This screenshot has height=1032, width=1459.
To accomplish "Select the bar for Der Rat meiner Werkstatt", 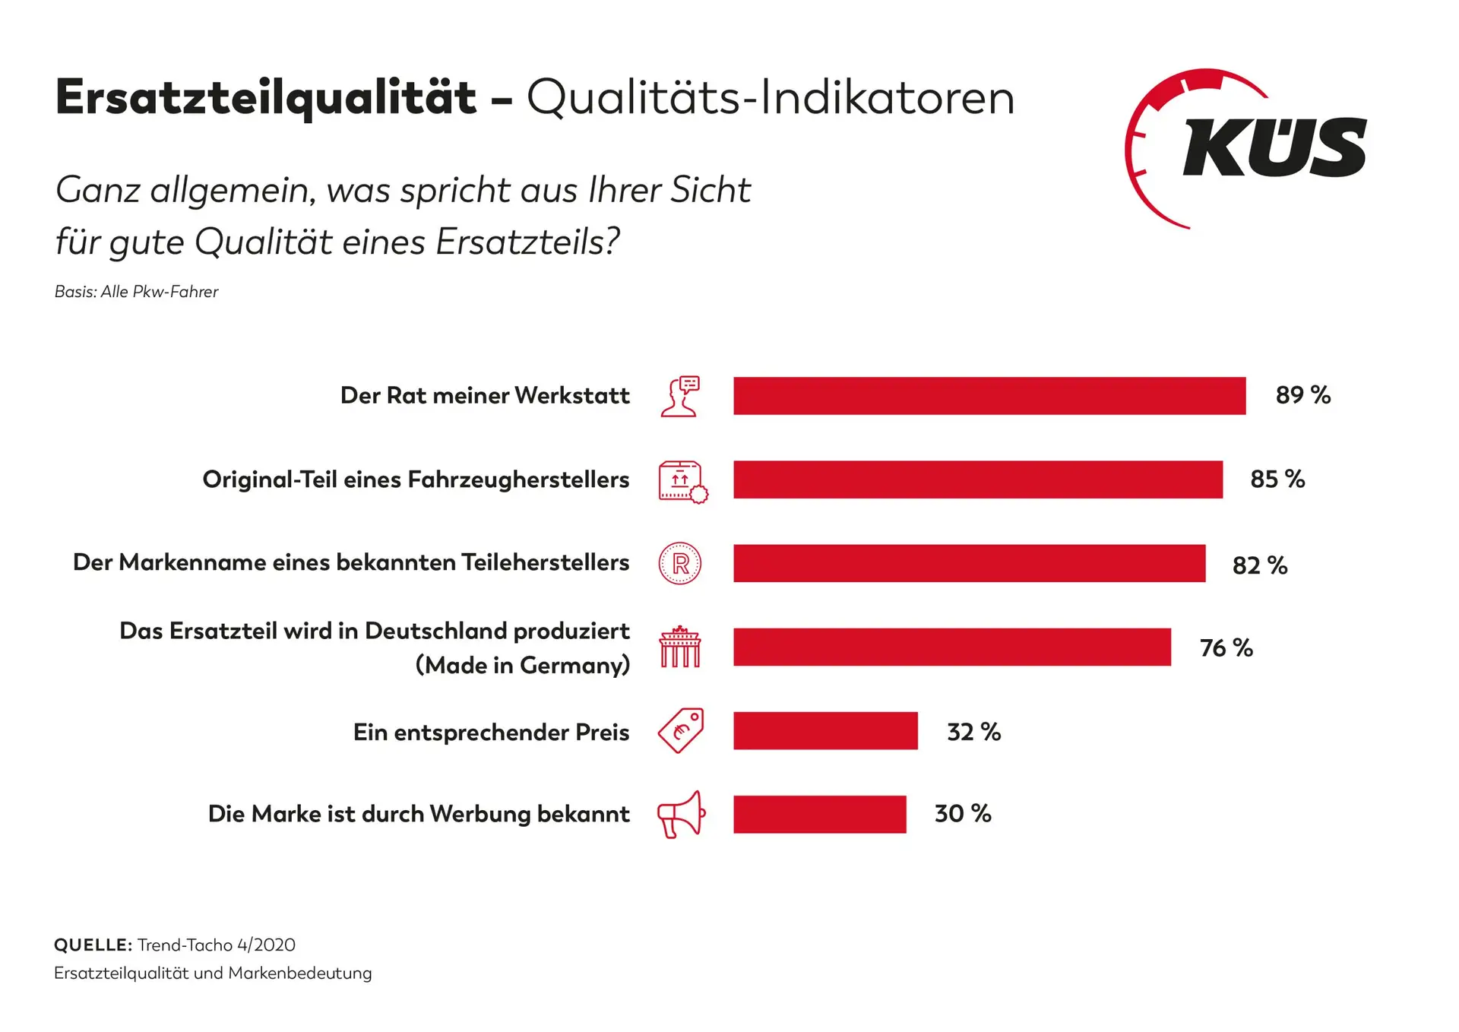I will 989,395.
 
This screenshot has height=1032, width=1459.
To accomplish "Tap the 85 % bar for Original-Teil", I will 977,480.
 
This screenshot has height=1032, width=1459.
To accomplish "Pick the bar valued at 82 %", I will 969,563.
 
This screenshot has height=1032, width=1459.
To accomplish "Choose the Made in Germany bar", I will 951,647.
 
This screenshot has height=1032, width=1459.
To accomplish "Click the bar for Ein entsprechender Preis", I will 825,730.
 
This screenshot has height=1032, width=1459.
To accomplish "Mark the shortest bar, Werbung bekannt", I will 819,814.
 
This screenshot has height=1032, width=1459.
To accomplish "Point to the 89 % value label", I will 1302,395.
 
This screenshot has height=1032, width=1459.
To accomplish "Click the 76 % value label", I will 1226,647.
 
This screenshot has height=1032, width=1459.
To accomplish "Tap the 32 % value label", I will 973,732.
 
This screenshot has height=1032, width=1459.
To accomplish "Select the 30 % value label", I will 963,814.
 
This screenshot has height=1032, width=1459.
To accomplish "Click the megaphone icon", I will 681,815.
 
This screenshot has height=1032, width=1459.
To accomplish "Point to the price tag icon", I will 681,730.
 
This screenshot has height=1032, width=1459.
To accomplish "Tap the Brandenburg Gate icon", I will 680,647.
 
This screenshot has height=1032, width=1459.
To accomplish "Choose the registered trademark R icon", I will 680,563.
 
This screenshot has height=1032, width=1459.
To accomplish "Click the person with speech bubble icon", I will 680,396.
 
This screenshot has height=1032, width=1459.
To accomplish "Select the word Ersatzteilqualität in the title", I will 266,99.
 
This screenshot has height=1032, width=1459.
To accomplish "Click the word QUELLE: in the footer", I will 93,945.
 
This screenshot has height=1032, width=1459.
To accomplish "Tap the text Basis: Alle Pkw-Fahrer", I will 136,292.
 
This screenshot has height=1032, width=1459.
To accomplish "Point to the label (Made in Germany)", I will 523,666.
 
